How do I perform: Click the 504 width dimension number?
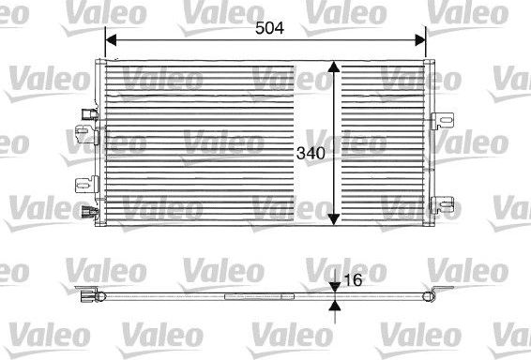point(269,28)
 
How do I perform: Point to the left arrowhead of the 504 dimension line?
point(110,40)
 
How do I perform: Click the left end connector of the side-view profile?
point(89,299)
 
